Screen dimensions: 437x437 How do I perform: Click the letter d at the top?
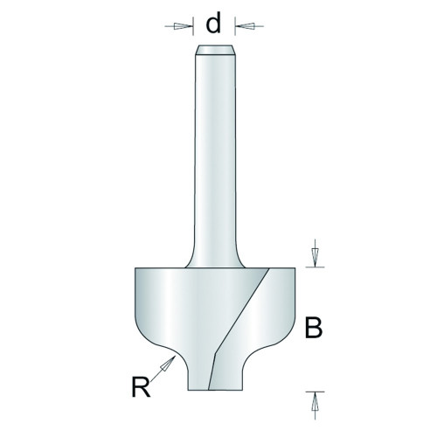click(x=213, y=24)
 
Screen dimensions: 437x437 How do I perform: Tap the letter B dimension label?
click(x=314, y=328)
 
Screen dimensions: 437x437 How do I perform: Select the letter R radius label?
click(x=141, y=387)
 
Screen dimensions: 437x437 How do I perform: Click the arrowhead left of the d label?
click(x=183, y=26)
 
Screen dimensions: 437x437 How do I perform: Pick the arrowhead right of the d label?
click(x=245, y=26)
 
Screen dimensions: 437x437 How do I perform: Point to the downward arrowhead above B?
click(x=315, y=257)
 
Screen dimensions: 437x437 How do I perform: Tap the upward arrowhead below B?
click(x=315, y=401)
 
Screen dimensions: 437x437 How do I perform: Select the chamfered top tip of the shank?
click(x=215, y=50)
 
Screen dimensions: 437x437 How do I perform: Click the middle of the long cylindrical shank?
click(x=215, y=157)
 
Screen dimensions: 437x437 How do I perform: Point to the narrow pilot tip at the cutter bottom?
click(x=215, y=376)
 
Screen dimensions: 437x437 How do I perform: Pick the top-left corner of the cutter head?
click(x=135, y=268)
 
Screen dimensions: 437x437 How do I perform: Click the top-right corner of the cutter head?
click(x=295, y=268)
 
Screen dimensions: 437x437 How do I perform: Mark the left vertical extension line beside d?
click(x=193, y=26)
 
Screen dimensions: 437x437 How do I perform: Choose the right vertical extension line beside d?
click(x=235, y=26)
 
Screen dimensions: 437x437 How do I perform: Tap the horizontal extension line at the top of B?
click(x=315, y=267)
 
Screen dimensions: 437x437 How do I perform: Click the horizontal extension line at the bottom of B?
click(x=315, y=392)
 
